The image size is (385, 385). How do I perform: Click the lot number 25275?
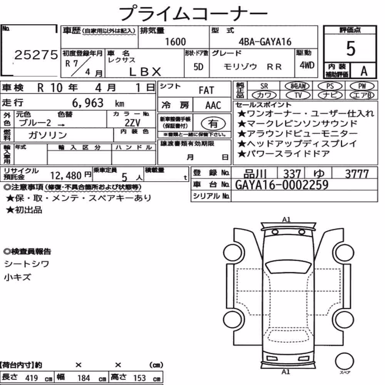coord(36,55)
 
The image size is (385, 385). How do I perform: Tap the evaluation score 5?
coord(350,49)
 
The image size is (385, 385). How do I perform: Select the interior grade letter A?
coord(364,71)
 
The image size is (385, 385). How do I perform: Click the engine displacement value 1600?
coord(175,42)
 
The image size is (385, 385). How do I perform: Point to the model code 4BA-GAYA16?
coord(265,42)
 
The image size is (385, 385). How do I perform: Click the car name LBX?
coord(145,72)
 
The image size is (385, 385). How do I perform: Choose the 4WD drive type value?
coord(307,65)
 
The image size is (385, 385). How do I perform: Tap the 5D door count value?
coord(198,67)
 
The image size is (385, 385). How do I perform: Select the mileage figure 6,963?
coord(88,103)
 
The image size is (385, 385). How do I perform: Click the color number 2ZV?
coord(132,123)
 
